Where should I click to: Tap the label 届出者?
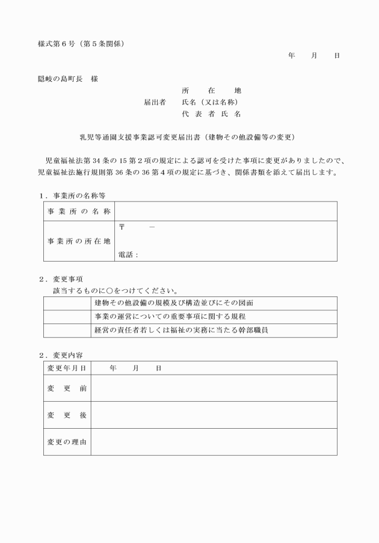[x=155, y=102]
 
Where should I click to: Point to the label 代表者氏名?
[x=211, y=114]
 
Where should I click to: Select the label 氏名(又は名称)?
[x=211, y=102]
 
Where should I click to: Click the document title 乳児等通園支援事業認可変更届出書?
[x=135, y=137]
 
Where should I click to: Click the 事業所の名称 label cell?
[x=79, y=211]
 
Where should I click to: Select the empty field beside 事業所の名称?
[x=226, y=211]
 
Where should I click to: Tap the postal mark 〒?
[x=122, y=227]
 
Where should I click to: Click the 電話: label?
[x=128, y=255]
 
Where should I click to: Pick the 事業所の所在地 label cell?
[x=79, y=241]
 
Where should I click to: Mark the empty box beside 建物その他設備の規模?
[x=67, y=303]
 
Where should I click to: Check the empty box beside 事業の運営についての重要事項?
[x=67, y=317]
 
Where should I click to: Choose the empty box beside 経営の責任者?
[x=67, y=330]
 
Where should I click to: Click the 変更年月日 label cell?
[x=67, y=367]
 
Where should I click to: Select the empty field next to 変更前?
[x=214, y=388]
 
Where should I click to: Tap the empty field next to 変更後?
[x=214, y=415]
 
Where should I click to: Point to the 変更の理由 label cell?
[x=67, y=442]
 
